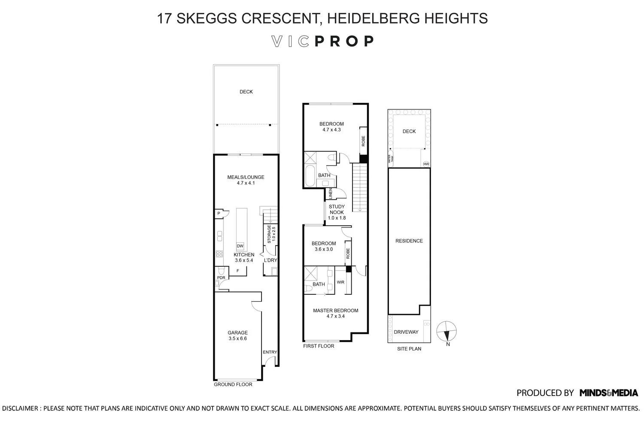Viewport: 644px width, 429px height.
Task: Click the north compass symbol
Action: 447,332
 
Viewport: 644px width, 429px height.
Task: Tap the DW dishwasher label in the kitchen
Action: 240,246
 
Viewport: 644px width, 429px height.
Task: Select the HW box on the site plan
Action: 426,164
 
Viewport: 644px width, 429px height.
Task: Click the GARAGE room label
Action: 237,332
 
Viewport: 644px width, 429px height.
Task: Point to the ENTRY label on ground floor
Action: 270,352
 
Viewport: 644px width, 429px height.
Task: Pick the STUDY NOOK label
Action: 337,209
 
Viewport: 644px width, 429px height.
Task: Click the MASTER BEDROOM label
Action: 335,311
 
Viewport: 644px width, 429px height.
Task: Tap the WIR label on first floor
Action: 340,282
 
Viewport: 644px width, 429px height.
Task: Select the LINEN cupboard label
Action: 330,194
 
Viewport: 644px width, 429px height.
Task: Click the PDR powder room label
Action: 221,278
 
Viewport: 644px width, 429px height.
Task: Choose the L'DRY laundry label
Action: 270,260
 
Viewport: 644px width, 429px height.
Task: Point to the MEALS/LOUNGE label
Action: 246,177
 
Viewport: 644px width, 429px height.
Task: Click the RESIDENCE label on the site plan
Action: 409,241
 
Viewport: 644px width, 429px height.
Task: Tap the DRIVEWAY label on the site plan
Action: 406,332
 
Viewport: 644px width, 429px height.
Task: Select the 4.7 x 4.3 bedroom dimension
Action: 331,130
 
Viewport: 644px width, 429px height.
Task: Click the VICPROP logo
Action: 322,41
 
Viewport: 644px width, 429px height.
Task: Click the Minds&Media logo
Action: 608,393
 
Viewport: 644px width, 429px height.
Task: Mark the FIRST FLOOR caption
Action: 318,346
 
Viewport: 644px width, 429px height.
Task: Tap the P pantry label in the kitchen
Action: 219,213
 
